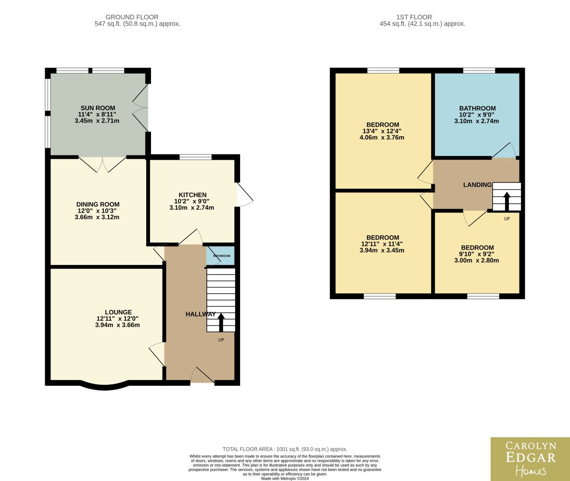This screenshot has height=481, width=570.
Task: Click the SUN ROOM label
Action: coord(98,108)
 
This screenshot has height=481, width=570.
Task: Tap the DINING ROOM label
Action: coord(98,204)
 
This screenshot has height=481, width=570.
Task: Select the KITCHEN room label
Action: coord(192,195)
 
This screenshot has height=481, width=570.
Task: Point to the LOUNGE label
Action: coord(118,312)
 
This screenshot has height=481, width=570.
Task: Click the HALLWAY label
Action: coord(201,314)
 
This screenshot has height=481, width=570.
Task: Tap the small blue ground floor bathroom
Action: coord(221,256)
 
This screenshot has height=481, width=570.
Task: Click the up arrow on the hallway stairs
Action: coord(221,322)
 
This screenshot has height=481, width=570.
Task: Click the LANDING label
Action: coord(477,185)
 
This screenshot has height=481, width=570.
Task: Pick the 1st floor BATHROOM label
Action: coord(477,108)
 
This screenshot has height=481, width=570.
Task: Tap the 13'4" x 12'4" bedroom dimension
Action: coord(382,131)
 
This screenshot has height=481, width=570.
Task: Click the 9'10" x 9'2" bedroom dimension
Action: coord(477,254)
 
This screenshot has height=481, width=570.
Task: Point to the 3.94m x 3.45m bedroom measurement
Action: coord(382,250)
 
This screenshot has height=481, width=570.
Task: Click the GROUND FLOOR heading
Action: coord(132,17)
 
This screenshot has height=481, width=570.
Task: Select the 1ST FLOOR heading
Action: coord(414,17)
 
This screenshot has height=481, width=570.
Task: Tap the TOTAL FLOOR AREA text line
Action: coord(285,449)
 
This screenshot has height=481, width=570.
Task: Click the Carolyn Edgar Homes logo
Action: coord(531,459)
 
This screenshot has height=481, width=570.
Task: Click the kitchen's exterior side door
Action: coord(245,195)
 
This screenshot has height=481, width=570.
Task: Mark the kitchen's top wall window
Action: coord(196,157)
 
